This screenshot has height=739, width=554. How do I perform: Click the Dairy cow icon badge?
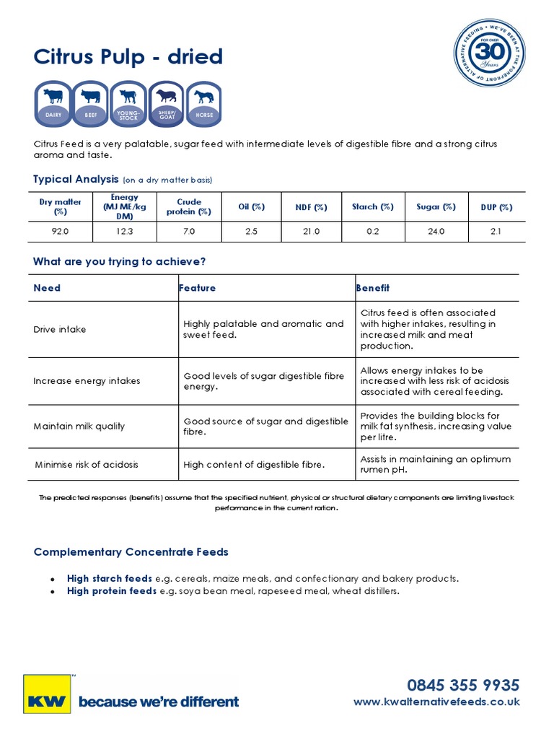click(x=53, y=104)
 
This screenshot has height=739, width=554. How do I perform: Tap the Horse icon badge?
click(x=203, y=104)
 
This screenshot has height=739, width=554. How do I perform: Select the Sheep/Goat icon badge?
click(x=166, y=104)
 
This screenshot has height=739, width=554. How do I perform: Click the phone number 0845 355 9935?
click(x=462, y=684)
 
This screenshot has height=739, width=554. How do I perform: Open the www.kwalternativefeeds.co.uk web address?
click(x=436, y=702)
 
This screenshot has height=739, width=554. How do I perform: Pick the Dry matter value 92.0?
click(x=61, y=232)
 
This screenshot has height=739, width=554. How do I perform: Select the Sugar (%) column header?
click(x=436, y=207)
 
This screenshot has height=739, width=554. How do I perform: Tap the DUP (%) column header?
click(x=496, y=207)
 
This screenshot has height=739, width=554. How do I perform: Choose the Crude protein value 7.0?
click(x=189, y=232)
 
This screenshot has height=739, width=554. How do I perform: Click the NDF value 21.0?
click(x=311, y=232)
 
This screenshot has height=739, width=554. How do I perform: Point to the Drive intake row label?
click(x=60, y=329)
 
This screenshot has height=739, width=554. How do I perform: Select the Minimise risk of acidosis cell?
click(x=87, y=465)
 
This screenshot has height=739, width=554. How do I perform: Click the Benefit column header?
click(x=373, y=288)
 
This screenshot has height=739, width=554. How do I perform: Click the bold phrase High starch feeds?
click(x=109, y=578)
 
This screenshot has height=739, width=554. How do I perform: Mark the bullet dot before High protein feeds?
click(x=52, y=591)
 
